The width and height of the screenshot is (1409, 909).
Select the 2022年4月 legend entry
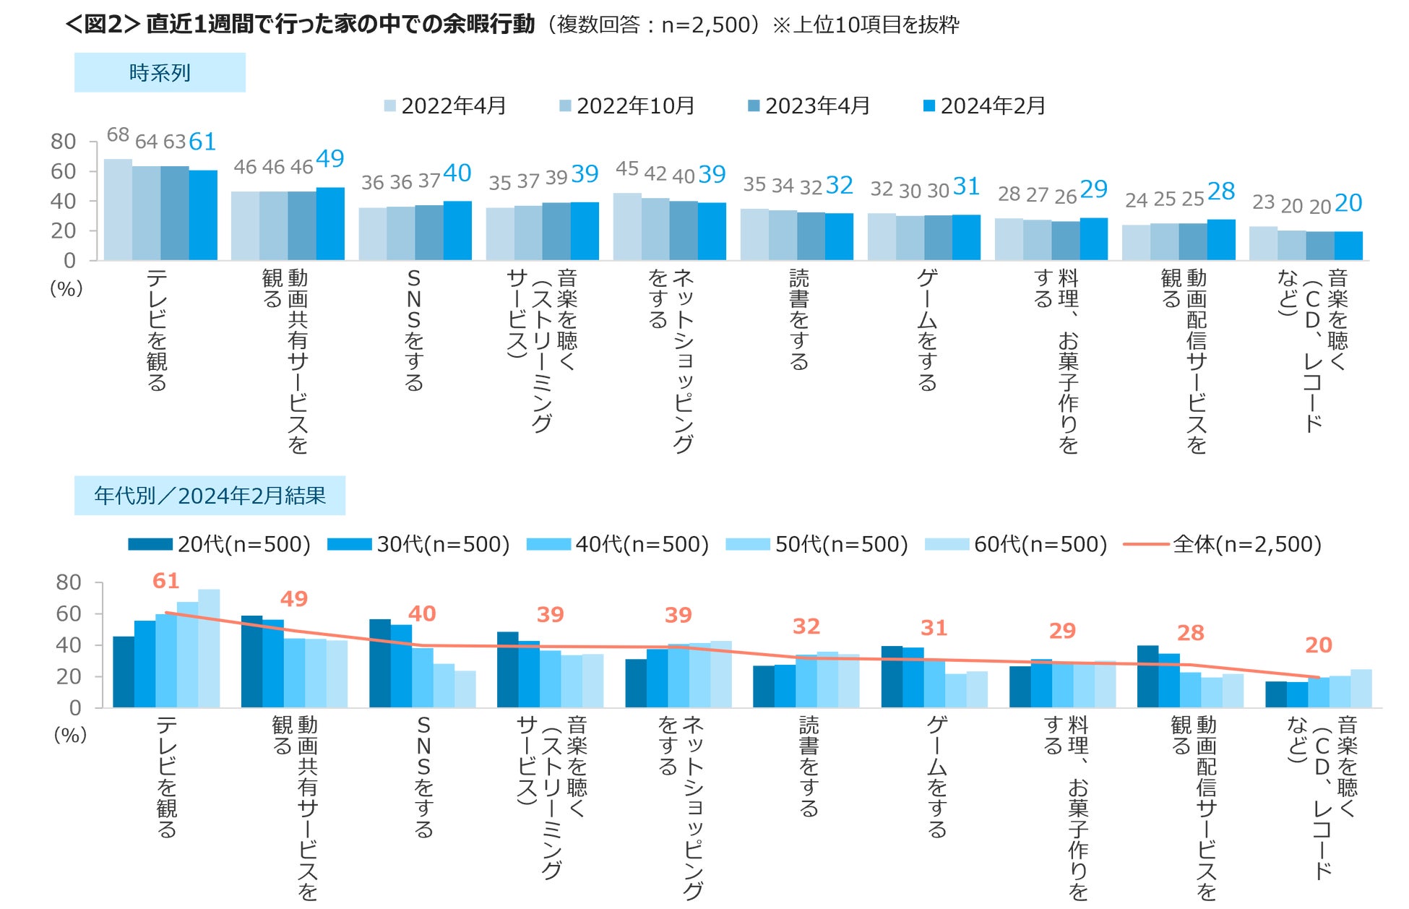pos(445,106)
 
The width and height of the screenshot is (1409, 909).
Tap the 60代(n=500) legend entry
pos(1016,544)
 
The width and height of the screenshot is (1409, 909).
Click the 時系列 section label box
pos(160,72)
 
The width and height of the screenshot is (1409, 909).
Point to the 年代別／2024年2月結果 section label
pos(210,496)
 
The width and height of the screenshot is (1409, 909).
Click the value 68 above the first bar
pos(118,135)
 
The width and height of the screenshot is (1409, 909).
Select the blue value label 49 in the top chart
pos(330,159)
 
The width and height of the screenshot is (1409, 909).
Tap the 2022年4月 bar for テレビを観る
pos(118,210)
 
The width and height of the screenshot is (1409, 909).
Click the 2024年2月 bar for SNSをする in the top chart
pos(457,231)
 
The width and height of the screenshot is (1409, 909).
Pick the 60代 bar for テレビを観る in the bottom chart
pos(209,648)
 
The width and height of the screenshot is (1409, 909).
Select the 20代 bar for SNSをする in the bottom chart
pos(380,663)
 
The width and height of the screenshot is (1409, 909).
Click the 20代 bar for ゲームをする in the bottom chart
pos(892,677)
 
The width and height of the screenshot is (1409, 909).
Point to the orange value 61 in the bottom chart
pos(165,581)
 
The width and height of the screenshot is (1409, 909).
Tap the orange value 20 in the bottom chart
pos(1319,645)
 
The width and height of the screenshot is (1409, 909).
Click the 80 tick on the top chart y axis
pos(64,142)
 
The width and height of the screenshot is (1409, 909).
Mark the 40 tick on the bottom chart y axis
pos(69,645)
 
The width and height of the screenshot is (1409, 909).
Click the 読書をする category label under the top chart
pos(798,319)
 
